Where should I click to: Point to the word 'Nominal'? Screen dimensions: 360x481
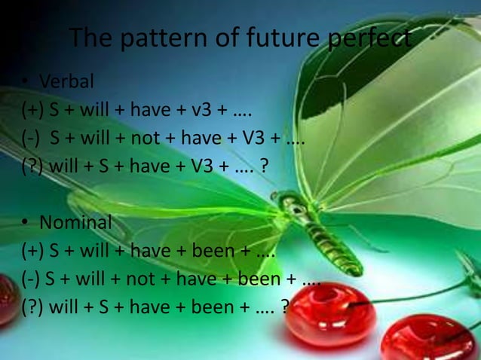[x=75, y=222]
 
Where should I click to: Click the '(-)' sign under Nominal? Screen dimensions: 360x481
[x=31, y=279]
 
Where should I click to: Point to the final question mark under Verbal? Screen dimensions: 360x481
[x=262, y=166]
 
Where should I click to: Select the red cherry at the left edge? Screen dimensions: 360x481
[x=8, y=297]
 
